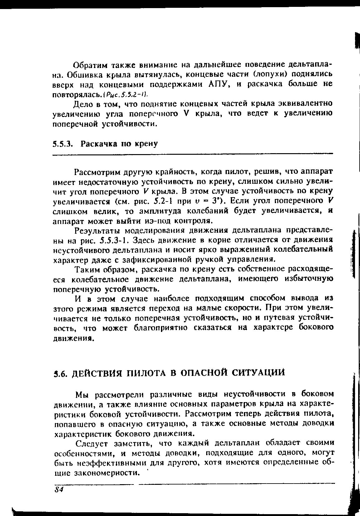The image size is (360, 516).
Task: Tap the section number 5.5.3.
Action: [x=63, y=144]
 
